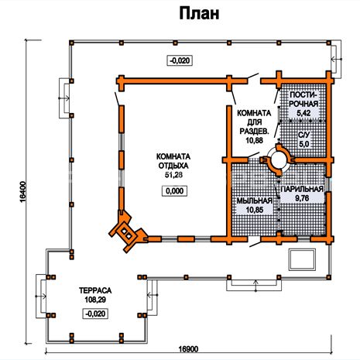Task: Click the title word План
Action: click(x=199, y=13)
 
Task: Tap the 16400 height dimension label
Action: click(x=22, y=192)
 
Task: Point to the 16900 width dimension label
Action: click(x=188, y=349)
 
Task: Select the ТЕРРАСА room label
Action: click(x=95, y=290)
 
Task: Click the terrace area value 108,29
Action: click(x=95, y=300)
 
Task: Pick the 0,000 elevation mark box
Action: click(x=174, y=191)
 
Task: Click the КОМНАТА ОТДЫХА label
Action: click(x=173, y=161)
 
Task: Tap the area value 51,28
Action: click(x=173, y=175)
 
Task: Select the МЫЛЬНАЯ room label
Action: click(x=255, y=201)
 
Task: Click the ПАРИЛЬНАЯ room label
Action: click(x=302, y=189)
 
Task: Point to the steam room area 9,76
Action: click(x=302, y=198)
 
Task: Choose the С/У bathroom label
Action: click(x=304, y=135)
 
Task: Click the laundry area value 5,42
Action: click(x=303, y=113)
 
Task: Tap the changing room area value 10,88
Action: click(x=255, y=140)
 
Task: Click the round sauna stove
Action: click(x=278, y=160)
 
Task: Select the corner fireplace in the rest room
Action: click(x=127, y=231)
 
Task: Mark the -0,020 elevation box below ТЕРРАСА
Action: click(x=95, y=314)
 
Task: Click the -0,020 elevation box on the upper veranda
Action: click(x=180, y=60)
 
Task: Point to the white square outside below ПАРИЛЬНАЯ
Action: click(x=302, y=259)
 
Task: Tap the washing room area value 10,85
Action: click(x=255, y=210)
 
